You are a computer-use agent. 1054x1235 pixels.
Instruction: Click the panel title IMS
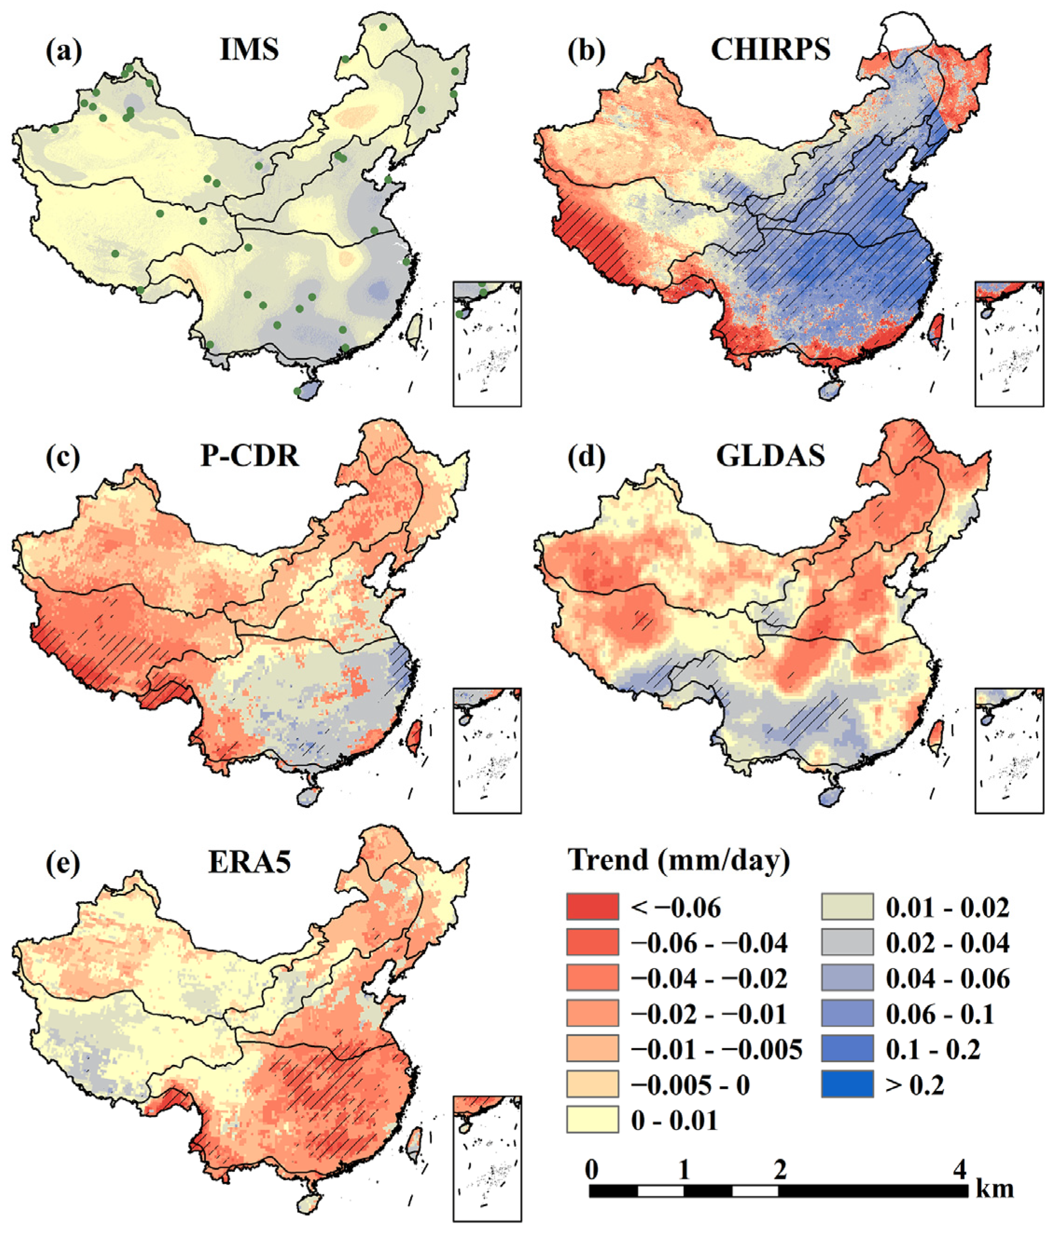(x=249, y=50)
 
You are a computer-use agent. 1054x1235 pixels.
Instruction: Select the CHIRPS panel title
(x=771, y=50)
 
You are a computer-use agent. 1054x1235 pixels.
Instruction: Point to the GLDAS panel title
(x=771, y=456)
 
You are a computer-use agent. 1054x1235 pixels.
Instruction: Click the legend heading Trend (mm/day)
(x=679, y=861)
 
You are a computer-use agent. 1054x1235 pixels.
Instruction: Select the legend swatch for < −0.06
(x=592, y=907)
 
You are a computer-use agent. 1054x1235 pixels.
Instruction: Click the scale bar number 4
(x=959, y=1171)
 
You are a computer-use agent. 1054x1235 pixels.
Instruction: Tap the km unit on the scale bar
(x=994, y=1190)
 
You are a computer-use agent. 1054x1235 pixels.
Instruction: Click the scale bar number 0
(x=591, y=1171)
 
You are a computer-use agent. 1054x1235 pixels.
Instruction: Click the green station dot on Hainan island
(x=297, y=391)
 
